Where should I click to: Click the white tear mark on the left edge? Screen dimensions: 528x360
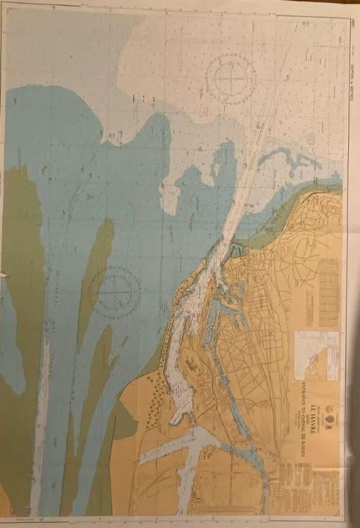(x=3, y=275)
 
